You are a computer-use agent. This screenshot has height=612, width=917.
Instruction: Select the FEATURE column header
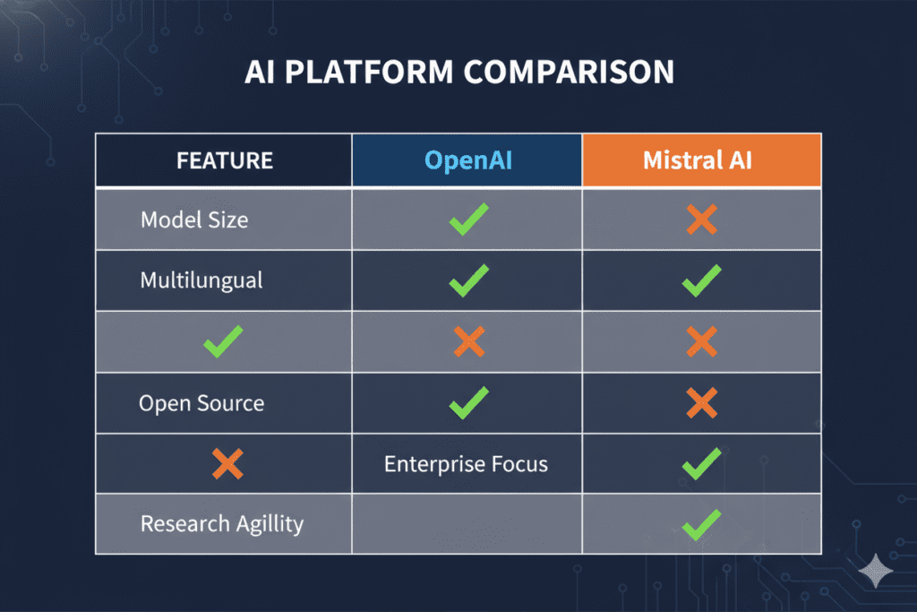(225, 161)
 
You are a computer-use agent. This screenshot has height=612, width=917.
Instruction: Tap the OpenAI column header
(467, 161)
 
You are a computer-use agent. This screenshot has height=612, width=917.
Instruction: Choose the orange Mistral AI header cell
(701, 161)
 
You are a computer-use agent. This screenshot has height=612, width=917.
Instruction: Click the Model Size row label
(194, 220)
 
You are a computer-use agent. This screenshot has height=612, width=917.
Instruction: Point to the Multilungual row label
(201, 280)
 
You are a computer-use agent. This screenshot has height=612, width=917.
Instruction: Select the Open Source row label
(201, 402)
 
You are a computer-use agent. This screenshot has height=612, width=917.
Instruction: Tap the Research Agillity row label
(222, 523)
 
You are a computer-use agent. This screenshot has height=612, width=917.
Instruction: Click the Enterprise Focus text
(466, 464)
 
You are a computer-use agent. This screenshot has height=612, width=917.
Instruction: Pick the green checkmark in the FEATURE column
(223, 341)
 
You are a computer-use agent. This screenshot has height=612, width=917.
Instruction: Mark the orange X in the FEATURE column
(227, 463)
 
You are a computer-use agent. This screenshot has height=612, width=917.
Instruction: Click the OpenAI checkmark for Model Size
(468, 220)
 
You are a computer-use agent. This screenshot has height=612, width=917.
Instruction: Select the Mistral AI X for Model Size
(701, 220)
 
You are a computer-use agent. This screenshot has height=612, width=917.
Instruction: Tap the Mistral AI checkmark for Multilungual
(701, 280)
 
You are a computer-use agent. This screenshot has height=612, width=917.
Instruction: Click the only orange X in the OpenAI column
(468, 341)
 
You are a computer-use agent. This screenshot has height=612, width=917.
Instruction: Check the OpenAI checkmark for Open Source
(468, 402)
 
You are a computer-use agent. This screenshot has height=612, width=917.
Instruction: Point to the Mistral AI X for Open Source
(701, 402)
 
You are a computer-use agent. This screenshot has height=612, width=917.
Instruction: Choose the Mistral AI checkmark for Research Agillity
(701, 523)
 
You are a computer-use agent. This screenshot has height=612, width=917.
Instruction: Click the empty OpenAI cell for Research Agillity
(467, 524)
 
